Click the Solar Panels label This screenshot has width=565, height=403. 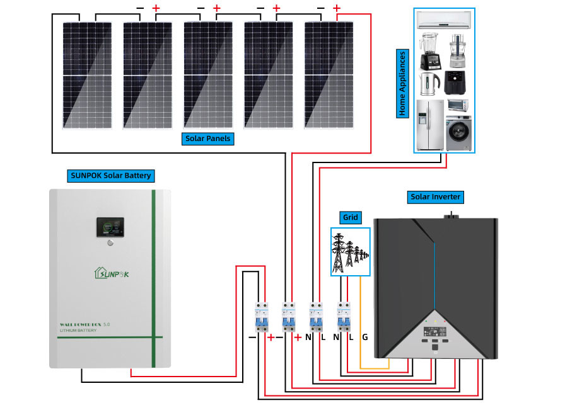(x=208, y=139)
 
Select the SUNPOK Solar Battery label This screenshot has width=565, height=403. (x=110, y=175)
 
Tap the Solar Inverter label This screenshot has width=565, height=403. (x=436, y=197)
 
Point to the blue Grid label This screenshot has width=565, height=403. (x=351, y=218)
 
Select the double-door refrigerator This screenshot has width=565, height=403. (x=430, y=124)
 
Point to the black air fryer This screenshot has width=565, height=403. (x=457, y=82)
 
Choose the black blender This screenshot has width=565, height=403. (x=429, y=52)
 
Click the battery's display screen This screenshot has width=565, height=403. (x=110, y=228)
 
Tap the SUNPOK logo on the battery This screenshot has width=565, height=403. (x=111, y=273)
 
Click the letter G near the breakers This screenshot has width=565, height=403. (x=364, y=337)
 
